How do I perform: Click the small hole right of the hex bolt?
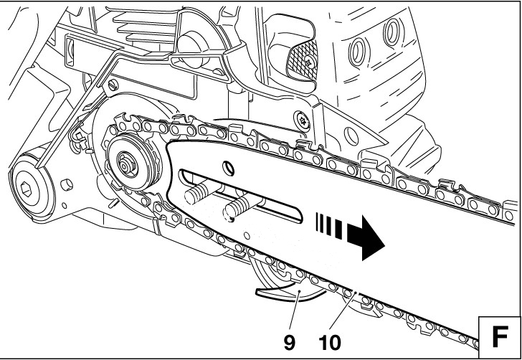click(x=68, y=185)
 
